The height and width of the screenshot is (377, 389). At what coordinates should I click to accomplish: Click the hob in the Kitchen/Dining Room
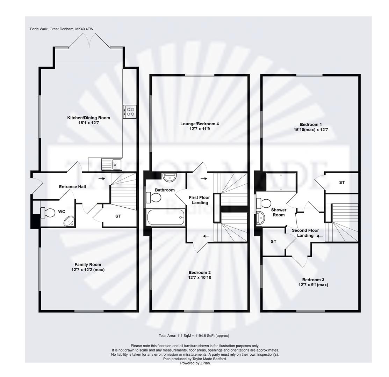tap(129, 111)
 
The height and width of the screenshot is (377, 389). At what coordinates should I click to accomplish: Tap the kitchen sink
tap(111, 163)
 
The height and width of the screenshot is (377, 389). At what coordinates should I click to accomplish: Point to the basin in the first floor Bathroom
tap(170, 177)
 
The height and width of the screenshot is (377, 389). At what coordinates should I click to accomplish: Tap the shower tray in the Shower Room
tap(281, 182)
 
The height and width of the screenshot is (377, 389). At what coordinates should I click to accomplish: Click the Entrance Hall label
tap(72, 187)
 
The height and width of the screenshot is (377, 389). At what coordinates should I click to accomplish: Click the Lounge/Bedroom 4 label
tap(200, 124)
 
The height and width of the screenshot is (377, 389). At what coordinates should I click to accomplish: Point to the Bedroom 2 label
tap(200, 273)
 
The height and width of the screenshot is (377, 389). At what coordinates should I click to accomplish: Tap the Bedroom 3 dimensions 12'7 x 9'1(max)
tap(313, 285)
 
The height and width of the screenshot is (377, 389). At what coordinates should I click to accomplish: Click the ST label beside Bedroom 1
tap(342, 183)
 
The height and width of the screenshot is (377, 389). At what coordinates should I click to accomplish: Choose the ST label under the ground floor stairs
tap(118, 216)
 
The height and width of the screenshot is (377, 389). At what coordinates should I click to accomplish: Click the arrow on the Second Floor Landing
tap(320, 236)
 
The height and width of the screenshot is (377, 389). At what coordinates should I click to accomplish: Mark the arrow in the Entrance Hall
tap(101, 179)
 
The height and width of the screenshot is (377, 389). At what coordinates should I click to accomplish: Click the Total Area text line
tap(194, 335)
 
